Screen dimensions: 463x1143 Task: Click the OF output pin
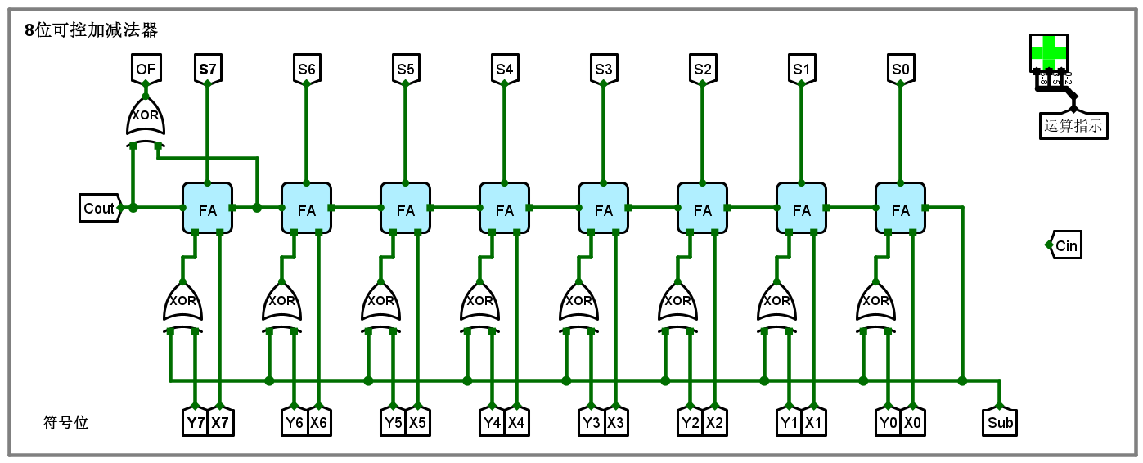click(x=146, y=70)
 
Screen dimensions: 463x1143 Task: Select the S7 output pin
click(x=208, y=70)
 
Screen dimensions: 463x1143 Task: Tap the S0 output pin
click(x=901, y=70)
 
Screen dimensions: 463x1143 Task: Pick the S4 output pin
click(x=505, y=70)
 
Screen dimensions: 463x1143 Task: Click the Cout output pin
click(x=100, y=209)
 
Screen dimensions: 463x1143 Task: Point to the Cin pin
click(x=1066, y=246)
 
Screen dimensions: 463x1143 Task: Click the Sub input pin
click(x=1000, y=423)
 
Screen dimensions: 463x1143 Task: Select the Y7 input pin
click(x=196, y=423)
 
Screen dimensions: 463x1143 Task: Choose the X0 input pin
click(x=914, y=423)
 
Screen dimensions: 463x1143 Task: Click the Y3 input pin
click(x=592, y=423)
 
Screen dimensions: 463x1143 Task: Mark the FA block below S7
click(x=208, y=209)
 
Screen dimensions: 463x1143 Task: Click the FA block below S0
click(x=901, y=209)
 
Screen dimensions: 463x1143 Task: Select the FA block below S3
click(x=604, y=209)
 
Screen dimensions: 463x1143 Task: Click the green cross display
click(x=1049, y=52)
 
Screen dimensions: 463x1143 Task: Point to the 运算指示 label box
click(x=1073, y=126)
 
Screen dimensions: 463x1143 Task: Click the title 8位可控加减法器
click(x=91, y=30)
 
